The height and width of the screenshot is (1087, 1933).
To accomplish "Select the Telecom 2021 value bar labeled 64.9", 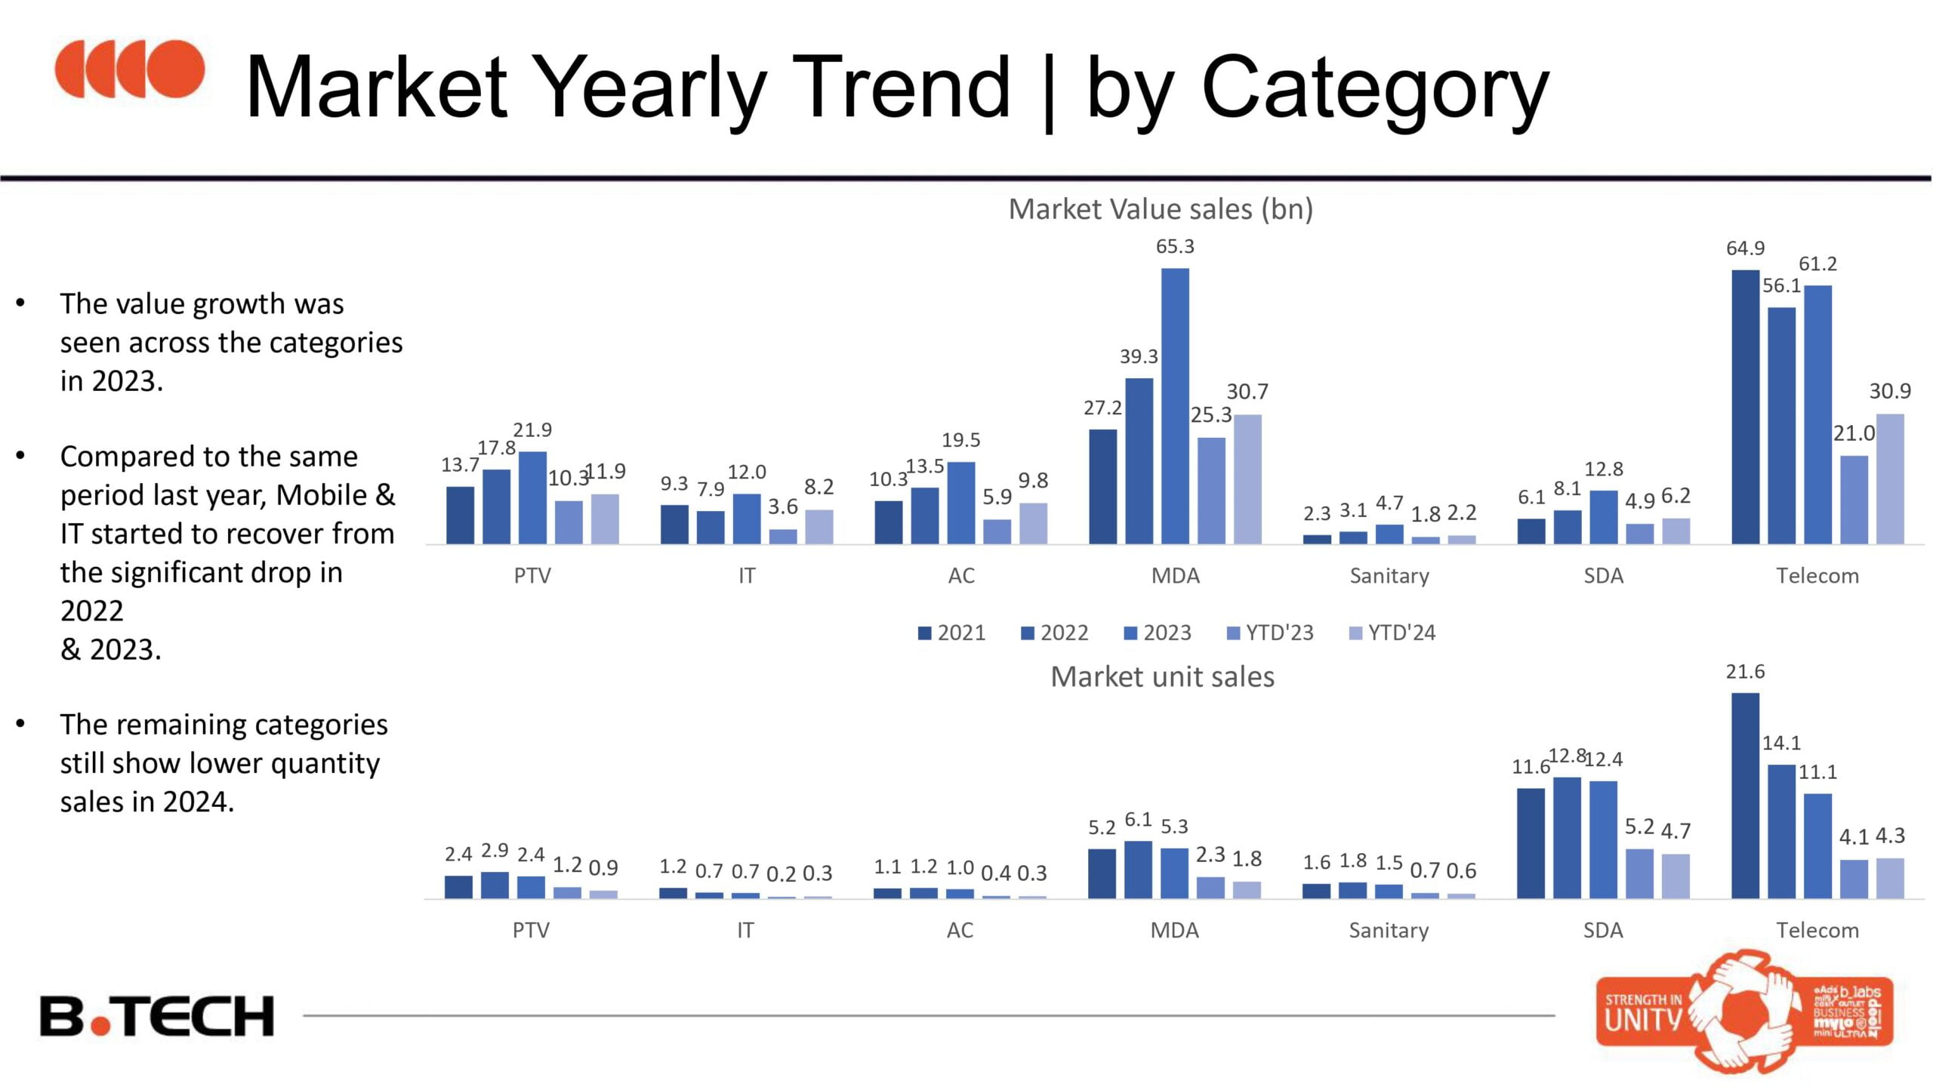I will [1745, 407].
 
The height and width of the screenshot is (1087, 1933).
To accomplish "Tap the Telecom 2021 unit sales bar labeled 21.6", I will [1745, 796].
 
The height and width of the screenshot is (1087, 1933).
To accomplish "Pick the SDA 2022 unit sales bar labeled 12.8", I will [1567, 838].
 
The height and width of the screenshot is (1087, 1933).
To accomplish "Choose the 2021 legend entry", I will [952, 633].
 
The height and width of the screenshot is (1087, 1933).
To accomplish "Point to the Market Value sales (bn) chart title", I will [1161, 209].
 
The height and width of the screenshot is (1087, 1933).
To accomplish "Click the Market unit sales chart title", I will [1162, 677].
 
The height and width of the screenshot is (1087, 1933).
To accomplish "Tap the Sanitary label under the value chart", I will [1389, 576].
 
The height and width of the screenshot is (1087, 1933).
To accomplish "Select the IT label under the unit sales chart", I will [745, 930].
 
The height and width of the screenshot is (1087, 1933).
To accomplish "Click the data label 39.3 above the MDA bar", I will [1139, 356].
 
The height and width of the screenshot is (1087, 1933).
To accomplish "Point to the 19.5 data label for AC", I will [960, 440].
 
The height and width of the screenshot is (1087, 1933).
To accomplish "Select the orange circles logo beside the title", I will [129, 69].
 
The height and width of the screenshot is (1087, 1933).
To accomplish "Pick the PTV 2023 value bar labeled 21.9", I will [532, 497].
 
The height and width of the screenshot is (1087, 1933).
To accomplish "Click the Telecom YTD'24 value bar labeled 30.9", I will [1890, 479].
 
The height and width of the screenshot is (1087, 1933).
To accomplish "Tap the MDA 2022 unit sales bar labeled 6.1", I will [1138, 870].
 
